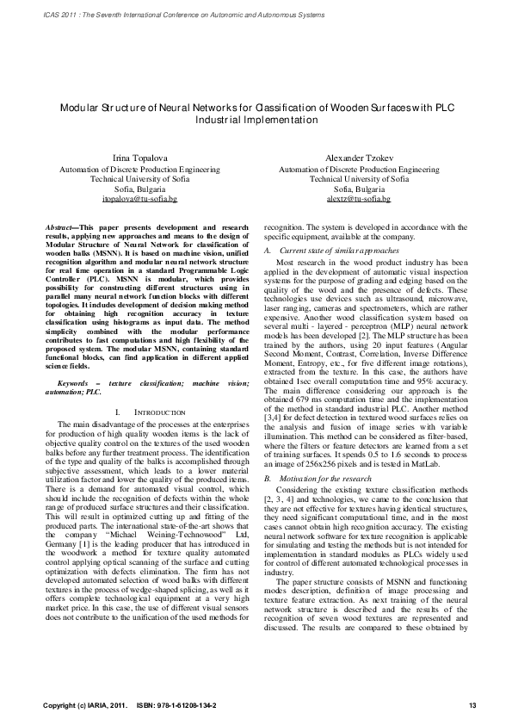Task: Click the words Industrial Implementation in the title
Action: pos(256,121)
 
